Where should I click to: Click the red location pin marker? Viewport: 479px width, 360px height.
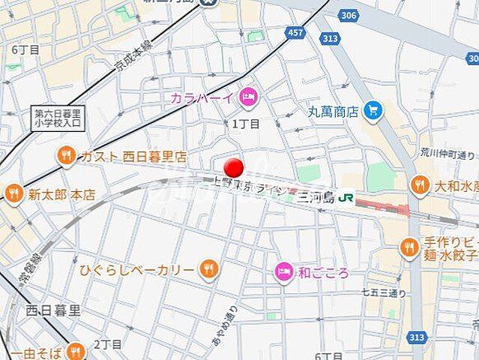click(x=235, y=167)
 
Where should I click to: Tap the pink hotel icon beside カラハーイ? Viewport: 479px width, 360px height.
click(x=248, y=96)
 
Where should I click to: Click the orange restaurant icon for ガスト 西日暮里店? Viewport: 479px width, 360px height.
click(x=67, y=157)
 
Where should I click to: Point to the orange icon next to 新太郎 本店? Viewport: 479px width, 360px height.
click(x=13, y=193)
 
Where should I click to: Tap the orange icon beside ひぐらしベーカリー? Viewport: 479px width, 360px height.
click(x=208, y=269)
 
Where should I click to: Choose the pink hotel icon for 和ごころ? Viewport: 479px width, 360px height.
click(x=284, y=271)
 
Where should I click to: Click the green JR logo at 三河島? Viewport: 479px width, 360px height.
click(x=346, y=197)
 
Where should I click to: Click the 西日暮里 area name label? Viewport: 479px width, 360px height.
click(x=53, y=309)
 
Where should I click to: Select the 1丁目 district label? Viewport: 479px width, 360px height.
click(x=245, y=124)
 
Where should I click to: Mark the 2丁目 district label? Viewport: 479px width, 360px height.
click(x=108, y=343)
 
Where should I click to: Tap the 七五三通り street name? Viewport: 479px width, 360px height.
click(x=384, y=291)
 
